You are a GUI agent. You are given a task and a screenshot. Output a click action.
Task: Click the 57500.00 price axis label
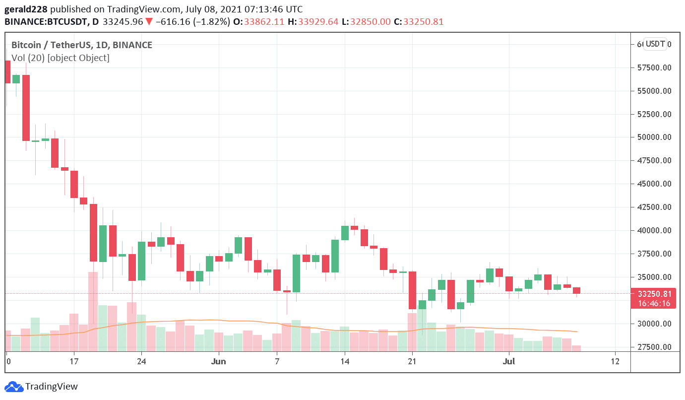(653, 67)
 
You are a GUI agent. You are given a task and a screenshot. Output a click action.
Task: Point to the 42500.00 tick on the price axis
(653, 207)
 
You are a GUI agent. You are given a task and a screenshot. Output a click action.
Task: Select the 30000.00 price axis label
(653, 324)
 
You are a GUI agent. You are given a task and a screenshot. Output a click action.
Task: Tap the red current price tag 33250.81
(653, 294)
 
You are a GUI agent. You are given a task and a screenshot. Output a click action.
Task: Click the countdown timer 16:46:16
(653, 303)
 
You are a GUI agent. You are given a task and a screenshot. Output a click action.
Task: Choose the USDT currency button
(655, 44)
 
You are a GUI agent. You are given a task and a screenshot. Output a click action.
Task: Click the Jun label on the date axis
(218, 361)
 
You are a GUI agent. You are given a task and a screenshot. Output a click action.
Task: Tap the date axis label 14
(345, 361)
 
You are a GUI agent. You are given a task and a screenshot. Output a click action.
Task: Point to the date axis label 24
(141, 361)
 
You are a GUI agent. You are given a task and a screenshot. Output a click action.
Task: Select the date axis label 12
(615, 361)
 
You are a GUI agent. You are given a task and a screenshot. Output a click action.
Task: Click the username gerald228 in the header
(26, 9)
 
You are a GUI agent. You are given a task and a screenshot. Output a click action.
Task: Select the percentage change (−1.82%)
(210, 22)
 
